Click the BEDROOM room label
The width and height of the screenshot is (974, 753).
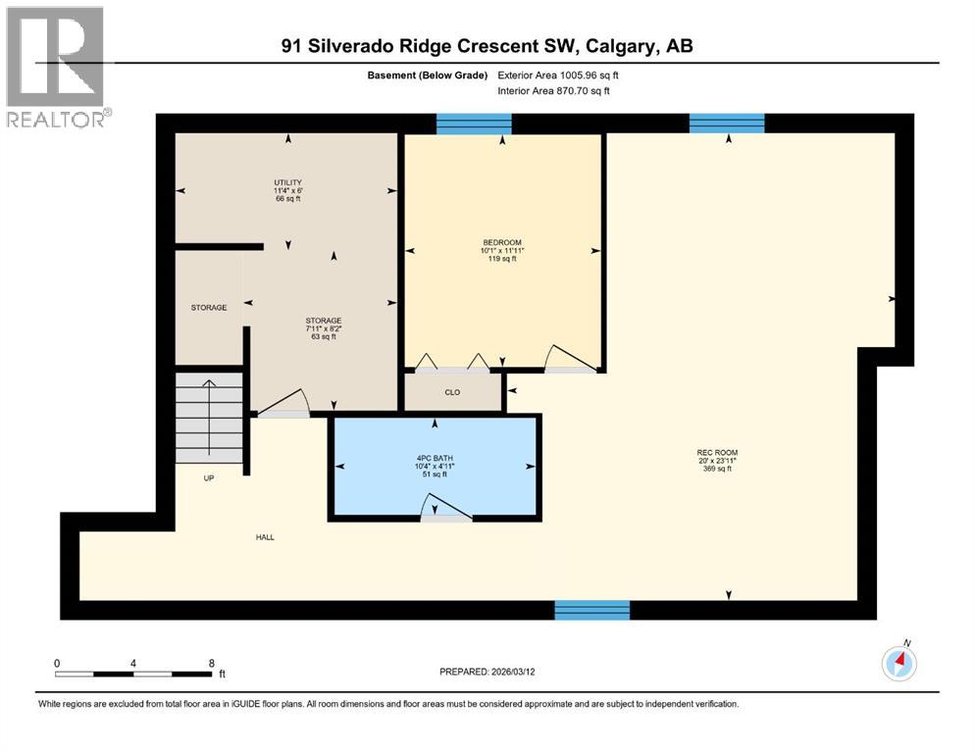click(501, 242)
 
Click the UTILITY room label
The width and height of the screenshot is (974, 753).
click(287, 182)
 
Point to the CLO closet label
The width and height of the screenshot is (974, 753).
click(452, 392)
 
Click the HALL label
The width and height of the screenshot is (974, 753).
click(265, 536)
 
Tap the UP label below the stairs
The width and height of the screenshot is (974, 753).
click(209, 477)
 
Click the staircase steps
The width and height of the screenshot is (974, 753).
click(209, 417)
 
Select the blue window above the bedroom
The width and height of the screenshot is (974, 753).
click(474, 124)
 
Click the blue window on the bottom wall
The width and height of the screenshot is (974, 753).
click(591, 610)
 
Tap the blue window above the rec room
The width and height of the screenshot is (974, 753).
click(726, 124)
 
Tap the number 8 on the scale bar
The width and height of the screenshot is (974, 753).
click(211, 663)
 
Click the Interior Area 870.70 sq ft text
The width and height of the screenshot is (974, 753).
click(553, 91)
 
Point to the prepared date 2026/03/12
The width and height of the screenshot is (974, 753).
click(522, 672)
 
